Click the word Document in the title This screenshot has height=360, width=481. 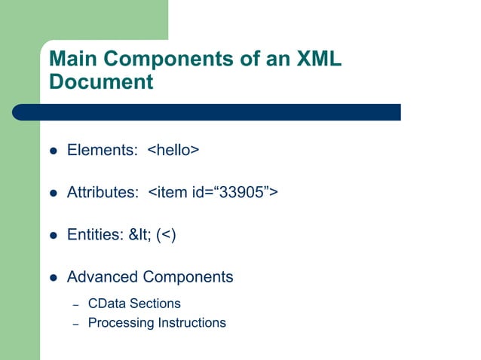pos(101,81)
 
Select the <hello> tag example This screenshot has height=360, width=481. pos(173,151)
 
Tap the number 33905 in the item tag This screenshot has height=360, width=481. pos(240,193)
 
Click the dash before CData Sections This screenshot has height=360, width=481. pos(75,304)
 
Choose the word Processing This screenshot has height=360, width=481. pos(121,323)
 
